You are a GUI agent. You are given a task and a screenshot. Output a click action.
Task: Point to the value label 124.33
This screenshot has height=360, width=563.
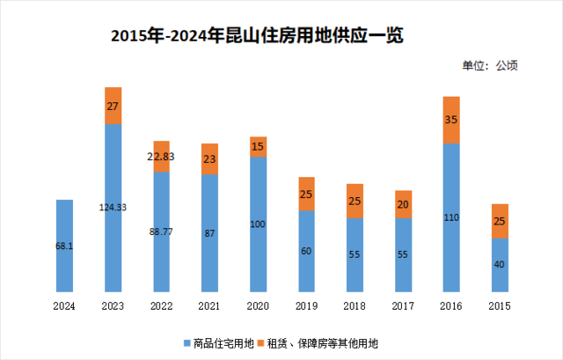point(113,208)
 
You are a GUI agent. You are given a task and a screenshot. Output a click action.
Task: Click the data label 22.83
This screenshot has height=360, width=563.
point(161,157)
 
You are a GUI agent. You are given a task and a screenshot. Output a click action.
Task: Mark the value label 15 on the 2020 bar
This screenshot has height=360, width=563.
point(258,147)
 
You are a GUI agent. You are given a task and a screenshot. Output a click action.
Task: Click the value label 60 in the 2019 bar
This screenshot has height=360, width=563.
point(306,252)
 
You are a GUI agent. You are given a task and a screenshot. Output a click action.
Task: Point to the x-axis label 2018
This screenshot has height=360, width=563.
point(355,305)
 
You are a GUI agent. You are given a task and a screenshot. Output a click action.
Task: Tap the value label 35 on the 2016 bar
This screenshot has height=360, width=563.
point(451,120)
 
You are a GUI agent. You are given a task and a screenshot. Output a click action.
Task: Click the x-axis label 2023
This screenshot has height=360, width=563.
point(113,305)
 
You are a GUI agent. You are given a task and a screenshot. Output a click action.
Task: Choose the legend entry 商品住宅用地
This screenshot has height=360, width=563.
point(219,341)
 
